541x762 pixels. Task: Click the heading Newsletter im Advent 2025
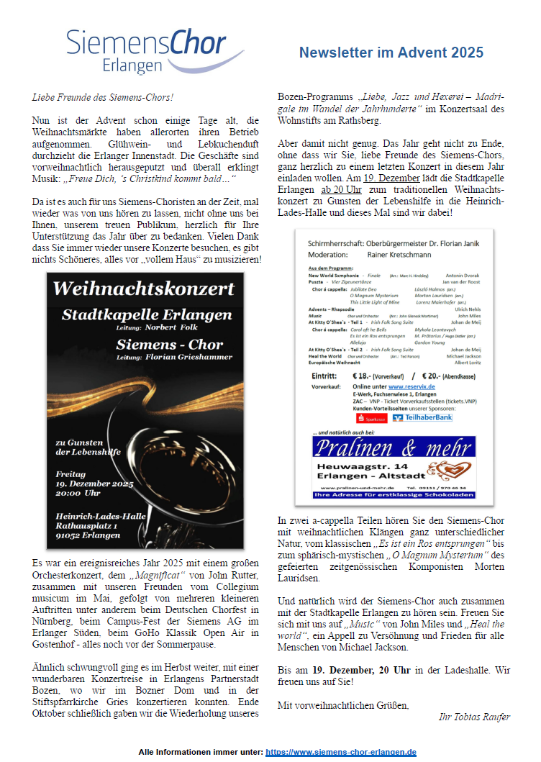[x=391, y=53]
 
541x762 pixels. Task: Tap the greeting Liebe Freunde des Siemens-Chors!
[x=102, y=96]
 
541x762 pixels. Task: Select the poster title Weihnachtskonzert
[x=144, y=289]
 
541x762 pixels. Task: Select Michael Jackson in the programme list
[x=462, y=356]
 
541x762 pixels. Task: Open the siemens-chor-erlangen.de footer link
[x=340, y=751]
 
